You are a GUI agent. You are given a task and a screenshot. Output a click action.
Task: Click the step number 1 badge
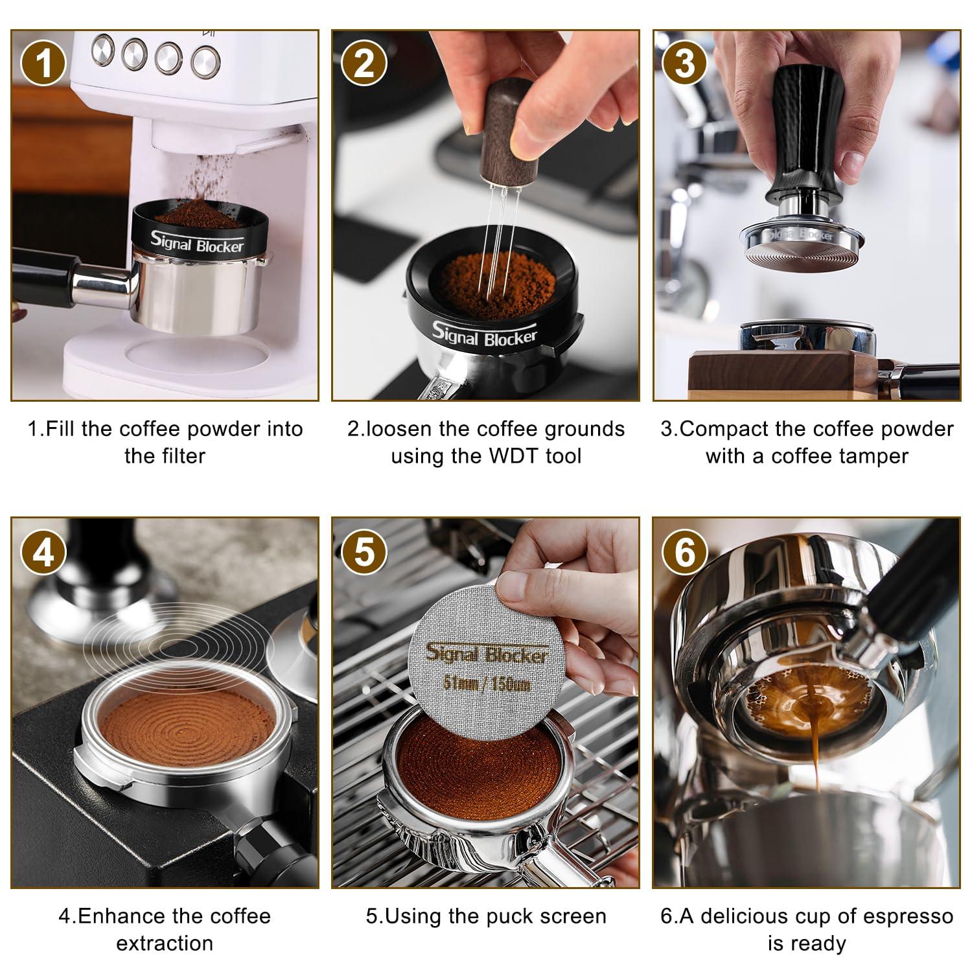point(43,64)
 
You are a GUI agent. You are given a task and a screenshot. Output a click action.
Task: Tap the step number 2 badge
point(364,64)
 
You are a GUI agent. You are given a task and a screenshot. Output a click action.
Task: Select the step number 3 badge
point(685,64)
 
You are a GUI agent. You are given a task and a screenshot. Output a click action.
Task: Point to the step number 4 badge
point(43,552)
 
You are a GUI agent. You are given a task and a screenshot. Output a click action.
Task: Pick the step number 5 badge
point(364,552)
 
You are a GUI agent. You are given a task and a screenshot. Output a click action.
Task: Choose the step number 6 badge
point(685,552)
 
